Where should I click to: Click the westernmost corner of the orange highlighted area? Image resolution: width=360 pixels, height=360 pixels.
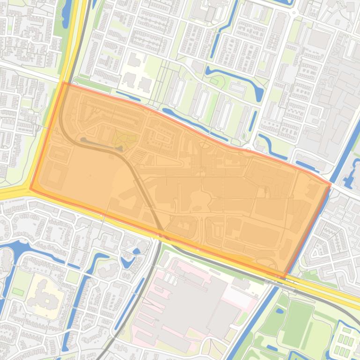click(x=30, y=189)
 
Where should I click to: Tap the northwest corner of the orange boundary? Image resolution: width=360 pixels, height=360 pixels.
click(x=63, y=83)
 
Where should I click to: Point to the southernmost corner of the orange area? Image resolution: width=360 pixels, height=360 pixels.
click(x=284, y=275)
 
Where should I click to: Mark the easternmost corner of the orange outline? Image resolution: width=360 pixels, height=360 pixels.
click(x=331, y=184)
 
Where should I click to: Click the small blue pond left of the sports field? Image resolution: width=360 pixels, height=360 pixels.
click(x=280, y=310)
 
